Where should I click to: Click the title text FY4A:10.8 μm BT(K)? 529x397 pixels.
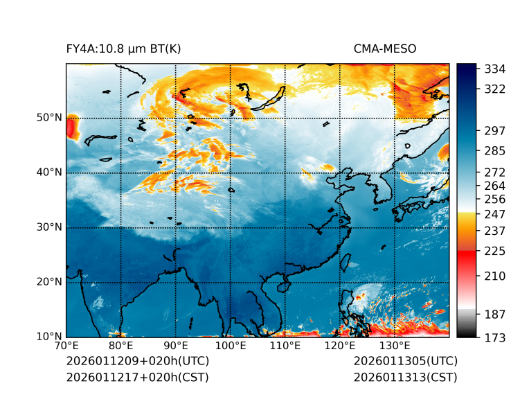pos(123,48)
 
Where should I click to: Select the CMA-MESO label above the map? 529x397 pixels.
pos(384,48)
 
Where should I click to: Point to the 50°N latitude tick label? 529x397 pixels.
pos(49,118)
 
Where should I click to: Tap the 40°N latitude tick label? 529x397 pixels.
pos(49,173)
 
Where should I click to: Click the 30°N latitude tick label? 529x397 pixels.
pos(49,227)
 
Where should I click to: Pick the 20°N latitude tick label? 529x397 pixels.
pos(49,282)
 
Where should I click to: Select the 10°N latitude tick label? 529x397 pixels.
pos(49,337)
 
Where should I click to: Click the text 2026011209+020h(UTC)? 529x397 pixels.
pos(138,361)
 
